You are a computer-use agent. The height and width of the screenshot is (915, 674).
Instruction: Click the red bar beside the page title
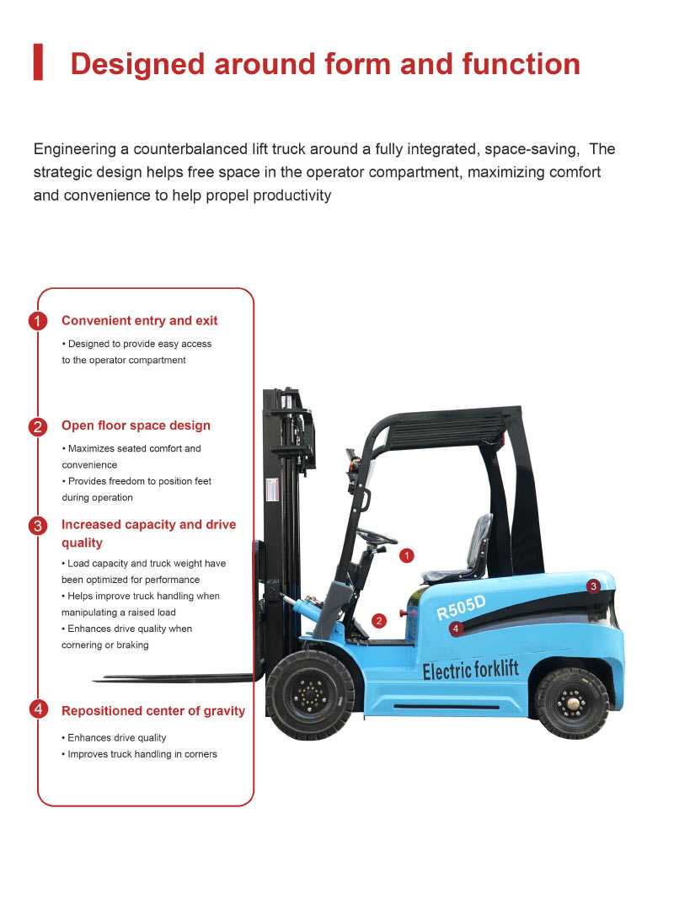[38, 63]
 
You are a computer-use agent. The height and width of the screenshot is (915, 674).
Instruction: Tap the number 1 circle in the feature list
[38, 321]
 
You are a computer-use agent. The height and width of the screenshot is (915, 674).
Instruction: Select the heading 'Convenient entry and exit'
[139, 321]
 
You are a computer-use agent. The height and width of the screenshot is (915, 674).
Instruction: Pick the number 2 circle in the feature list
[38, 426]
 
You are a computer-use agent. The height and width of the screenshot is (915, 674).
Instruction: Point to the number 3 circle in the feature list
[38, 526]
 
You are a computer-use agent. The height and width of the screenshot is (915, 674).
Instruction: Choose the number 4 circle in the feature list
[38, 709]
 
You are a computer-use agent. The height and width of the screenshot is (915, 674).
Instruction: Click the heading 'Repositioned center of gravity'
[153, 711]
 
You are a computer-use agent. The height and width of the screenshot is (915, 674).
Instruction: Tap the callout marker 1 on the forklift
[407, 555]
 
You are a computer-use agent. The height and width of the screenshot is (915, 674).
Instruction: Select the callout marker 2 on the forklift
[379, 621]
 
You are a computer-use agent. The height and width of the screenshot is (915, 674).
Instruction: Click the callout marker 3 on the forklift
[593, 586]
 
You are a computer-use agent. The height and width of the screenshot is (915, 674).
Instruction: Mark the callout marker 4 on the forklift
[456, 628]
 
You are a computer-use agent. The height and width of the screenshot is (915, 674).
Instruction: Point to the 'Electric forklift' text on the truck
[470, 671]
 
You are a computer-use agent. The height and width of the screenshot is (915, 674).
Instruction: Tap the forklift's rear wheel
[572, 703]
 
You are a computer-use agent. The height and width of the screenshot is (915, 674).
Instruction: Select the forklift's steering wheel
[376, 537]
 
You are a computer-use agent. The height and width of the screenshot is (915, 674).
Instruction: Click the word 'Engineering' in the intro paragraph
[74, 149]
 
